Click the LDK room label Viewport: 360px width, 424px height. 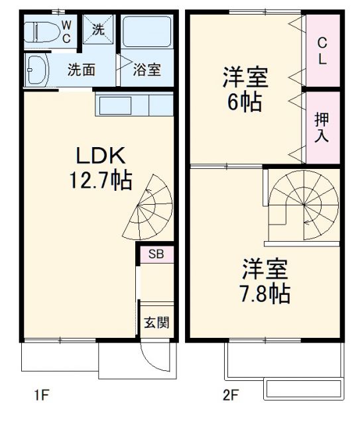[x=100, y=157]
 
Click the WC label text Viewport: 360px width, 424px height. [x=67, y=30]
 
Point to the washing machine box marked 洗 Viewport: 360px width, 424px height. [x=98, y=30]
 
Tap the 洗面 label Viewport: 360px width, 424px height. [x=82, y=70]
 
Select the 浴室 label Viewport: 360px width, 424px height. [x=146, y=70]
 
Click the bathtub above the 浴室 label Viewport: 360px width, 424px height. [x=147, y=32]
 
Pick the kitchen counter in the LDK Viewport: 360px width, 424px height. [x=133, y=105]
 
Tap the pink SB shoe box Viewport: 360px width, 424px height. [x=156, y=254]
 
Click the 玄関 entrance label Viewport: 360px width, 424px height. [x=156, y=323]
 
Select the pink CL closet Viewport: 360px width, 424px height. [x=322, y=51]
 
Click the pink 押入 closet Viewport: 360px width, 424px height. [x=322, y=127]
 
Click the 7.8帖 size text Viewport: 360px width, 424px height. [x=264, y=292]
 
